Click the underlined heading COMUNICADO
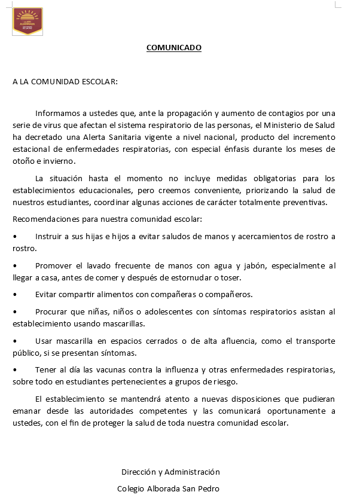[174, 48]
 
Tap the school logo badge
[28, 21]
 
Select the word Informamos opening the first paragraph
[57, 113]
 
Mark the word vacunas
[114, 369]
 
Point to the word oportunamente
[285, 411]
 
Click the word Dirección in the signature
[139, 472]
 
